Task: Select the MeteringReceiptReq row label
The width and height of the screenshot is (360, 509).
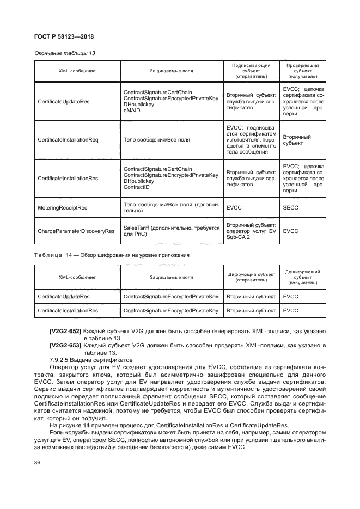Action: tap(63, 207)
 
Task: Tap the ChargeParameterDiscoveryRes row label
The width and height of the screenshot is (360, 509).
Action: tap(76, 231)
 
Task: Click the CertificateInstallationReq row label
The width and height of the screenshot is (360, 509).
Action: tap(68, 140)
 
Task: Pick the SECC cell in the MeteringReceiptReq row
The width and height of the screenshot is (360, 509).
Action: tap(291, 207)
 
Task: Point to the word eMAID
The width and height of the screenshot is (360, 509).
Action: tap(131, 110)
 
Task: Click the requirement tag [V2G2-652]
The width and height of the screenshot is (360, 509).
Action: tap(65, 330)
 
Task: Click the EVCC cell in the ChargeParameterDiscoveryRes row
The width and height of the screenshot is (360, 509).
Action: tap(291, 231)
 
